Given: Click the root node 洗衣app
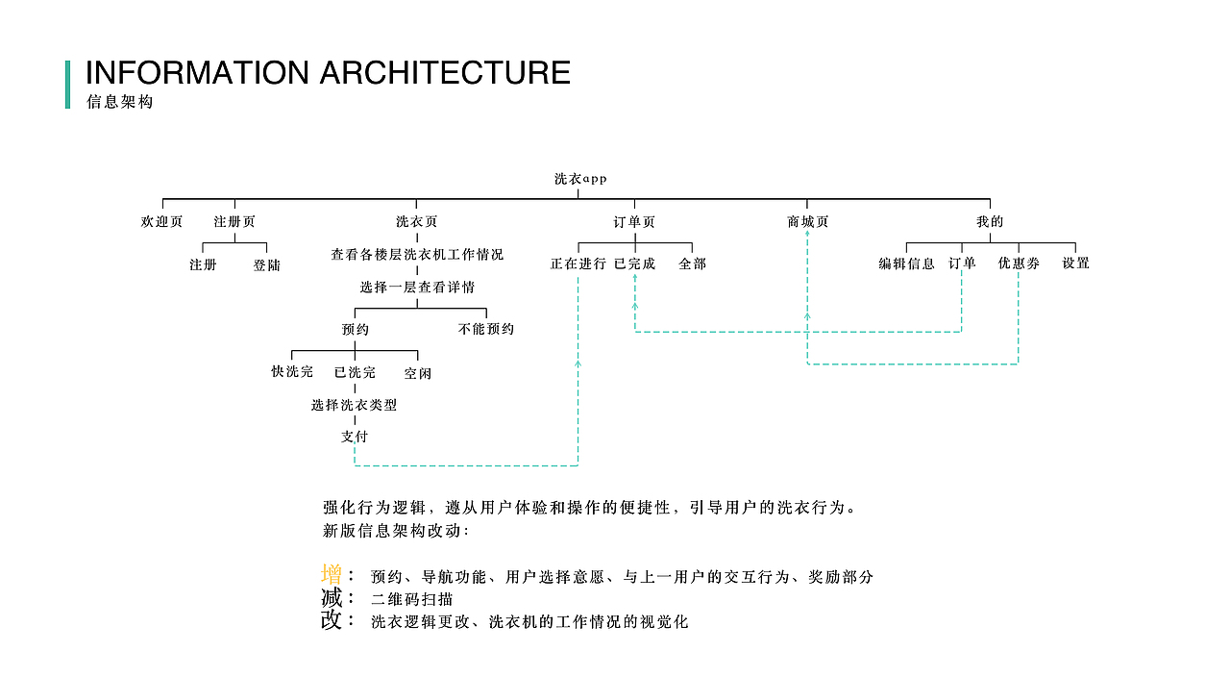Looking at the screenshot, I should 580,179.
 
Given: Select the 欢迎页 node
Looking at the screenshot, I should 161,221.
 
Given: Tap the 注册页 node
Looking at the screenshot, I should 234,221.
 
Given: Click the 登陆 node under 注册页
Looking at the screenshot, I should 267,264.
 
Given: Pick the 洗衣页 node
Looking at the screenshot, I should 416,221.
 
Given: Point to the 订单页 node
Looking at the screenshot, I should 634,221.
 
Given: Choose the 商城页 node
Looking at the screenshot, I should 807,221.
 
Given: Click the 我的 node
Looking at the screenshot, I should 990,221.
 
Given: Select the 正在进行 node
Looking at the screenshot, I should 578,263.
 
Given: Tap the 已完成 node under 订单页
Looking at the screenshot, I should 634,263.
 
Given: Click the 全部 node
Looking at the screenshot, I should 692,263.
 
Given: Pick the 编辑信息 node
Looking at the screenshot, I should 906,263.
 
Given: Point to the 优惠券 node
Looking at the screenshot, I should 1018,263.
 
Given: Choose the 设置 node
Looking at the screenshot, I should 1075,263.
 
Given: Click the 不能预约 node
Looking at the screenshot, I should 486,329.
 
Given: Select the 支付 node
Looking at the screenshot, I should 355,436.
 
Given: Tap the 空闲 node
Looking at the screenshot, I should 417,372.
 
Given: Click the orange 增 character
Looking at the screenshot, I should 332,575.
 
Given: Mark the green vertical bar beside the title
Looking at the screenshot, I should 67,85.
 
